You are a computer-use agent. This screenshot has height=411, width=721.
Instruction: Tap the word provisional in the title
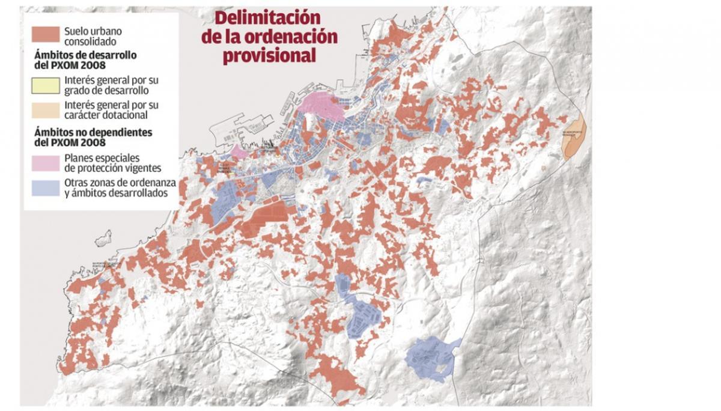269,56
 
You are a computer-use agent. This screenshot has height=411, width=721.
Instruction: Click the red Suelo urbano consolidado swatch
45,34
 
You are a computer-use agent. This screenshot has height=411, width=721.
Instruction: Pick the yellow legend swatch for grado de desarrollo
45,85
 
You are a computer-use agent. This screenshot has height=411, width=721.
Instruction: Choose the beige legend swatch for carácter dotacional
45,109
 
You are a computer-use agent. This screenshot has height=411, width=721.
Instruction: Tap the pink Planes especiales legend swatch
45,162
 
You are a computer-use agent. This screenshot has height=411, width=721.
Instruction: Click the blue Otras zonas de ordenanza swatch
45,187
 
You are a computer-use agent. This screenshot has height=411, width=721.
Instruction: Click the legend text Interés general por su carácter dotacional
111,109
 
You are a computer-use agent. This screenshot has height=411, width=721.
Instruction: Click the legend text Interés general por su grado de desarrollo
111,85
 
